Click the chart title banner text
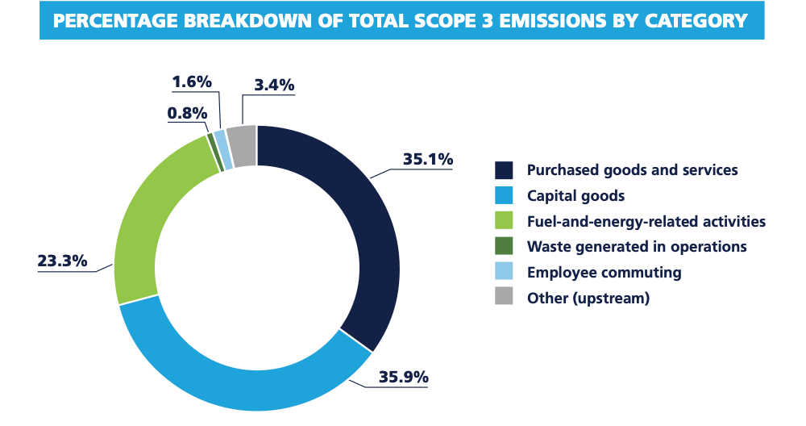[x=401, y=21]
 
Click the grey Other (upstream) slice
[x=243, y=145]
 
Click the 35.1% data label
[x=427, y=159]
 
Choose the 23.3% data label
[x=62, y=261]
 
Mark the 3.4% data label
[x=274, y=85]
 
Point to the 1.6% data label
[x=192, y=81]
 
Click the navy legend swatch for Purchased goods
[x=504, y=170]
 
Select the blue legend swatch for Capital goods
[x=504, y=195]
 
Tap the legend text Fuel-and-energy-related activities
[x=646, y=221]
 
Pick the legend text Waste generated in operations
[x=637, y=246]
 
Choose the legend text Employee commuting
[x=604, y=272]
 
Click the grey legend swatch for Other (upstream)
[x=504, y=297]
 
